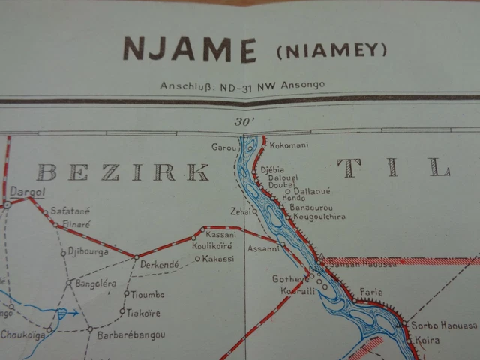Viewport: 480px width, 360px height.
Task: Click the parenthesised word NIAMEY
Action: [x=331, y=51]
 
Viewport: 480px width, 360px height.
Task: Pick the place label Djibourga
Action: [x=88, y=252]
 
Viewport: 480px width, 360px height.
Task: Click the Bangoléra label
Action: [x=96, y=283]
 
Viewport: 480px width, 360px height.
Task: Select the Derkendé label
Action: [x=159, y=264]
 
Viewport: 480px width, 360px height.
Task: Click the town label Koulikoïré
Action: [x=211, y=245]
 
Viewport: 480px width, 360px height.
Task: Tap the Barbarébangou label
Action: [x=130, y=334]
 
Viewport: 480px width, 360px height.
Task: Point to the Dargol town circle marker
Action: [x=7, y=203]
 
